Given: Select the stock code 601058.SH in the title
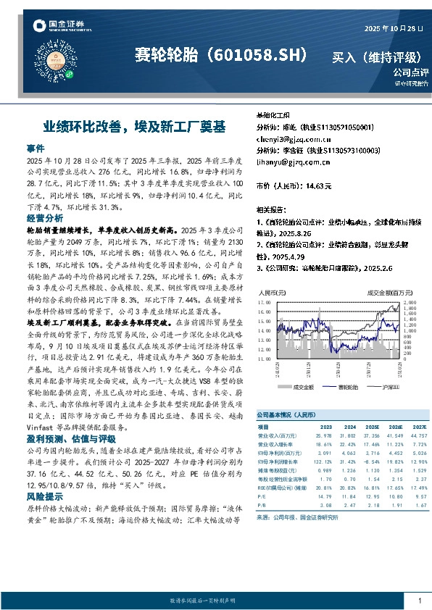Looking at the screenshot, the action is (261, 55).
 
